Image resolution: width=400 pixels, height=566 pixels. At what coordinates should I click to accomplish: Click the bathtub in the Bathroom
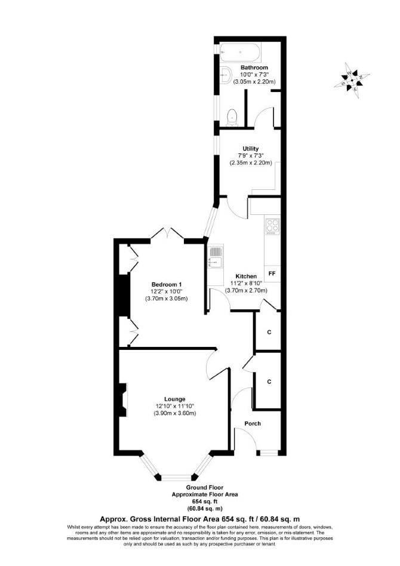tap(241, 53)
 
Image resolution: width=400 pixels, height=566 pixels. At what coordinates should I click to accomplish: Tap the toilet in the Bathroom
tap(232, 118)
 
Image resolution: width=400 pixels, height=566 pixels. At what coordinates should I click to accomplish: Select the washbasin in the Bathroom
tap(225, 75)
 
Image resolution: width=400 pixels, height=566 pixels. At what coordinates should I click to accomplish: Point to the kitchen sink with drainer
tap(216, 257)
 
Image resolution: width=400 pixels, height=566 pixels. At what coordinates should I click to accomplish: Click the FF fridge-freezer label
tap(272, 273)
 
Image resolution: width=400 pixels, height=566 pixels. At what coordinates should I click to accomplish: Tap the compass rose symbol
tap(351, 81)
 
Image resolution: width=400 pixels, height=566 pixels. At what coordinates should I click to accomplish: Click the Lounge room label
tap(175, 399)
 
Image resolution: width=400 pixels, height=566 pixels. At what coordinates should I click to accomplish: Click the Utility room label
tap(251, 149)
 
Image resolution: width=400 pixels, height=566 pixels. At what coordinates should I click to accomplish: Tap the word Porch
tap(253, 423)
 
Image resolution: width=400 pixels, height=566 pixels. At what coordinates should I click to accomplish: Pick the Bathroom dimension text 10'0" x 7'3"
tap(254, 75)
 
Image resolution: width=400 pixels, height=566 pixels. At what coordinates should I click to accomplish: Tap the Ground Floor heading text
tap(205, 488)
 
